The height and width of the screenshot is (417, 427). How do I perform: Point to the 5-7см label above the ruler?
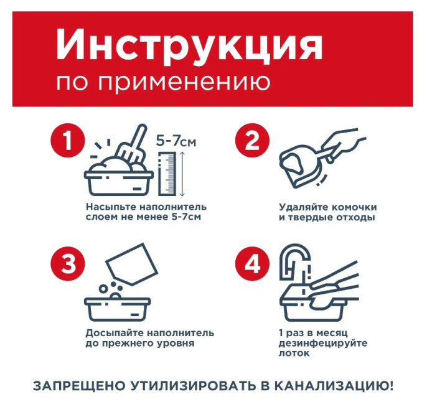176,143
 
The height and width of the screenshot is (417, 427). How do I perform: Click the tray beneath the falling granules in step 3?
119,306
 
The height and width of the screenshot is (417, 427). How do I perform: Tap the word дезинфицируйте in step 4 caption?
323,343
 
